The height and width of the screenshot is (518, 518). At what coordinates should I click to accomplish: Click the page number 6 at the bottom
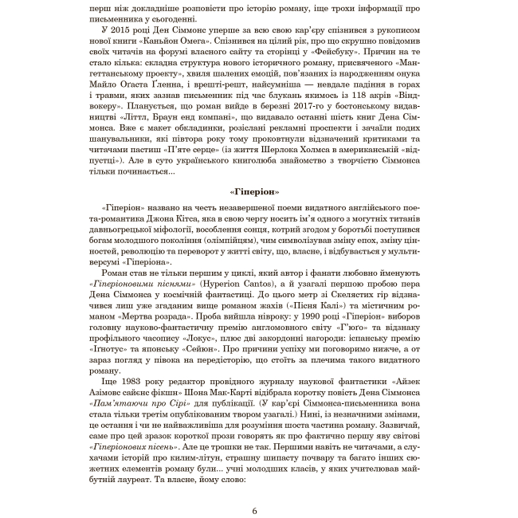tap(253, 489)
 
